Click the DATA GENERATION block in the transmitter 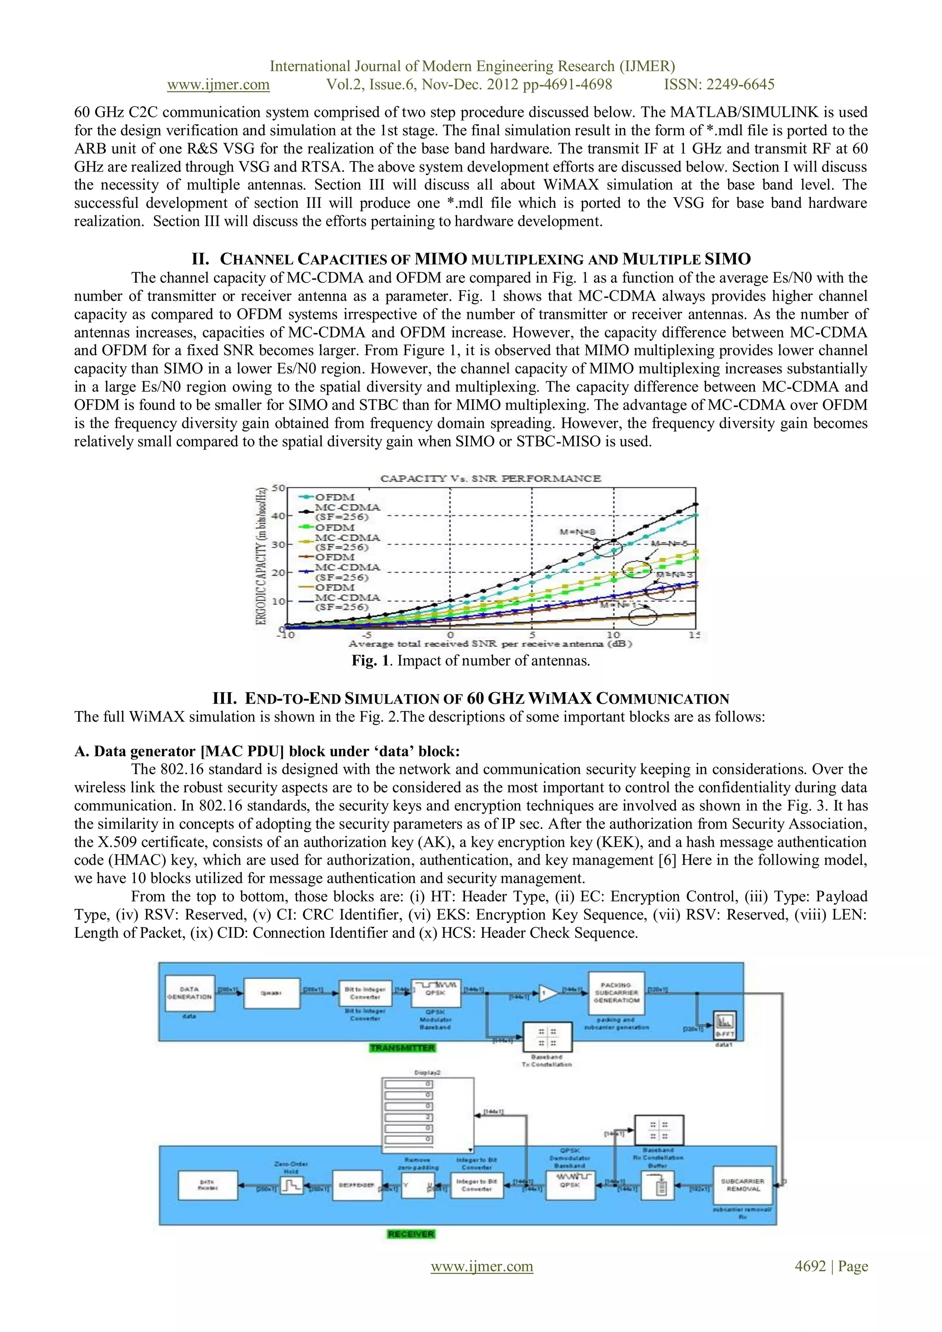190,993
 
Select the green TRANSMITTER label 402,1048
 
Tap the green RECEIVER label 411,1234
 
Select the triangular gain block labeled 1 546,993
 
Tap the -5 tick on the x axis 367,635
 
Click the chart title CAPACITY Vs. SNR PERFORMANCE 490,479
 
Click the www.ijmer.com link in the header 218,85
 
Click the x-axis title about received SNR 490,643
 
